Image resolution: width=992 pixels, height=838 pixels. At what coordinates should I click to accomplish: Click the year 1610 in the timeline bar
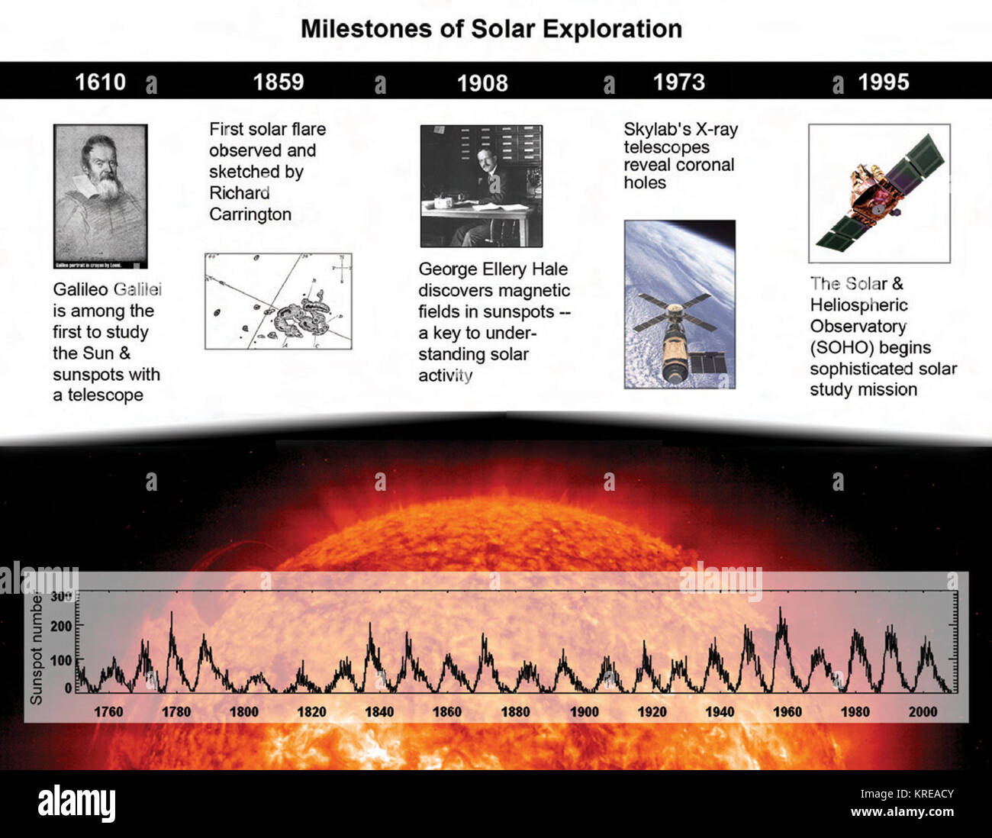pyautogui.click(x=100, y=82)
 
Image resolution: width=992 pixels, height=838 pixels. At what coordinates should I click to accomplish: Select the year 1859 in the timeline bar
pyautogui.click(x=279, y=82)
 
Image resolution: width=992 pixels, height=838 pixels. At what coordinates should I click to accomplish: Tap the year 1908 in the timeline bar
pyautogui.click(x=482, y=82)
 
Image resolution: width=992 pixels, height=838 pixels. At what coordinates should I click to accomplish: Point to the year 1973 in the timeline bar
pyautogui.click(x=679, y=82)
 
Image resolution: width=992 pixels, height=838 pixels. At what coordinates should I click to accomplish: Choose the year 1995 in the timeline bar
pyautogui.click(x=884, y=82)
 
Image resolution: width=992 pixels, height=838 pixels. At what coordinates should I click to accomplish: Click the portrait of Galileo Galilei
pyautogui.click(x=100, y=196)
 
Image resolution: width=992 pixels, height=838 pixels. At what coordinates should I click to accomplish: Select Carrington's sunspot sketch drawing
pyautogui.click(x=279, y=301)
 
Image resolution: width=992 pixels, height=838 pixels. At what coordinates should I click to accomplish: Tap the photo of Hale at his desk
pyautogui.click(x=482, y=186)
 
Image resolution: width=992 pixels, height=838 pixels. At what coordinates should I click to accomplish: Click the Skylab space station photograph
pyautogui.click(x=679, y=305)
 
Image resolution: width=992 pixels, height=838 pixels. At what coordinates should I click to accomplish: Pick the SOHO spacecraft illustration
pyautogui.click(x=879, y=194)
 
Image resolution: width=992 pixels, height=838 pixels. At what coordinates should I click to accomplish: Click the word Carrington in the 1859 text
pyautogui.click(x=250, y=214)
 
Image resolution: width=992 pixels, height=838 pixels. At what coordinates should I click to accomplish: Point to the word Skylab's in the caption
pyautogui.click(x=657, y=130)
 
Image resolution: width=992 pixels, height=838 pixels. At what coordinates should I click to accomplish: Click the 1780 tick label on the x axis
pyautogui.click(x=176, y=711)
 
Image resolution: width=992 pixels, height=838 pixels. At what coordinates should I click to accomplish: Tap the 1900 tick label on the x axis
pyautogui.click(x=584, y=711)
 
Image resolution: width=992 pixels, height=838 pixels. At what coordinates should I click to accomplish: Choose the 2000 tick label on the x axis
pyautogui.click(x=923, y=711)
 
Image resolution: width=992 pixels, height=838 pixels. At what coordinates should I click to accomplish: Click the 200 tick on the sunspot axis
pyautogui.click(x=61, y=626)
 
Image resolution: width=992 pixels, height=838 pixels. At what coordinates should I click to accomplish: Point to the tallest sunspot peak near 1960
pyautogui.click(x=781, y=610)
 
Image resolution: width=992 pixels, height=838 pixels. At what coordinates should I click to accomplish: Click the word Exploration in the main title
pyautogui.click(x=607, y=29)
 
